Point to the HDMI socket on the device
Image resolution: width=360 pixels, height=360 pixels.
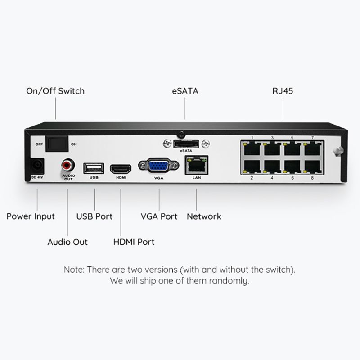click(121, 168)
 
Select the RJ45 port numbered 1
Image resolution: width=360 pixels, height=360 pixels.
click(252, 148)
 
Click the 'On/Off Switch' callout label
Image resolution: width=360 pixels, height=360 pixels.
click(55, 91)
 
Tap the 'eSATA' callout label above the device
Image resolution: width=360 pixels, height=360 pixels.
click(185, 91)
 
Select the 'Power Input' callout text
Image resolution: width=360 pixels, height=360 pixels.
click(31, 216)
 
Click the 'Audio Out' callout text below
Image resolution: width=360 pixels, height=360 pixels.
click(67, 242)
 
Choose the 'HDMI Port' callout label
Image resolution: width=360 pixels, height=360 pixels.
click(134, 242)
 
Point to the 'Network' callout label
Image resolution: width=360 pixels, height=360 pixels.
click(204, 216)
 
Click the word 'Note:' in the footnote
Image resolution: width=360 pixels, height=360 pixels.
click(74, 270)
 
